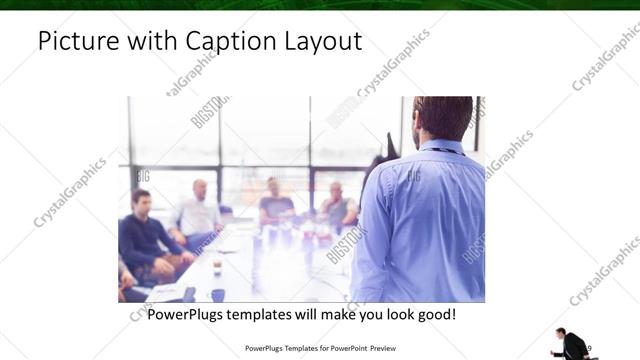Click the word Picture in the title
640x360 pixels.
pyautogui.click(x=76, y=41)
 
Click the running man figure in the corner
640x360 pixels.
pyautogui.click(x=573, y=344)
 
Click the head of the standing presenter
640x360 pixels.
pyautogui.click(x=443, y=117)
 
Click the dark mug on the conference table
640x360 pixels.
pyautogui.click(x=217, y=295)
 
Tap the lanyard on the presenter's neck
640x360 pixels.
pyautogui.click(x=440, y=150)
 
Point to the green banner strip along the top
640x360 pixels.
pyautogui.click(x=320, y=5)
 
